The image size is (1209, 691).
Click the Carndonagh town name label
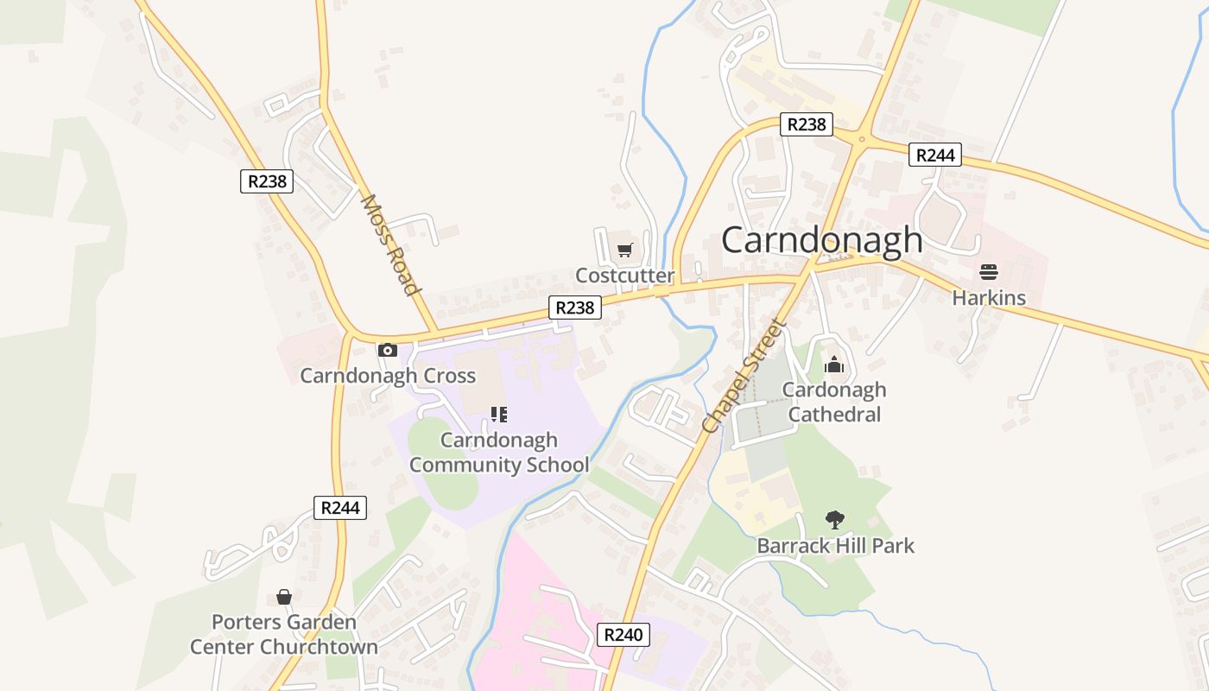[821, 240]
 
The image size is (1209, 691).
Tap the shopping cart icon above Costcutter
[624, 250]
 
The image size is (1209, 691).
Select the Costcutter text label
[624, 276]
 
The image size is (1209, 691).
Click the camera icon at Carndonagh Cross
[388, 350]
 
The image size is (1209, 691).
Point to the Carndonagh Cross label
[388, 376]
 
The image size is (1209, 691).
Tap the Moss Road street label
[389, 244]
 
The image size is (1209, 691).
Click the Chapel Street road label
[744, 377]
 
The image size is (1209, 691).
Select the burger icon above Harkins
[989, 273]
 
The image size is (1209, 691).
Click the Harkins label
[989, 298]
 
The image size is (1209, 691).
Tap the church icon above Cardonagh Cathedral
[833, 365]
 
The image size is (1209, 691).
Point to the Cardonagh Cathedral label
[833, 402]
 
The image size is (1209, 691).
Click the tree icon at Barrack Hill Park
[834, 520]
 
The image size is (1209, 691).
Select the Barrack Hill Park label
[834, 546]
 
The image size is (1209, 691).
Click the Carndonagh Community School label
[499, 452]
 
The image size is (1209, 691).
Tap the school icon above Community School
[499, 415]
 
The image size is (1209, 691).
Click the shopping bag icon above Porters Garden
[284, 597]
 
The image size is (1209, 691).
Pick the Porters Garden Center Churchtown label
[284, 634]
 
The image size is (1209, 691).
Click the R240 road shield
[623, 635]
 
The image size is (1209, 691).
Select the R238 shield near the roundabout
[807, 124]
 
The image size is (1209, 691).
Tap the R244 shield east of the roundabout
[935, 155]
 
